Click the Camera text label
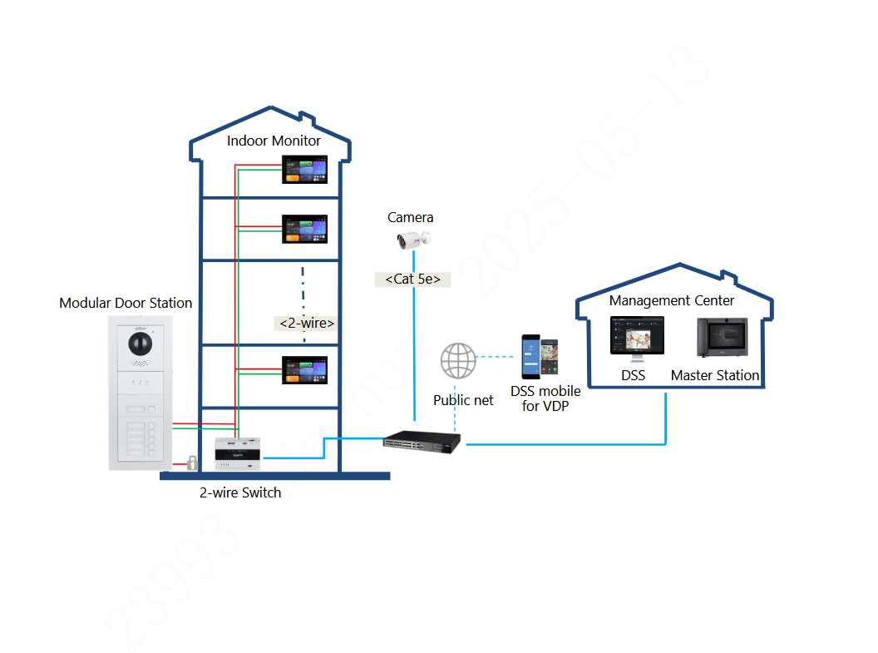point(410,217)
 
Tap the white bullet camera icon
point(412,240)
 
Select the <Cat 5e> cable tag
point(413,279)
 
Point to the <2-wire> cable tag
point(307,322)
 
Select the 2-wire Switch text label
point(240,492)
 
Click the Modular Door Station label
point(126,303)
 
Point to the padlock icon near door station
point(191,463)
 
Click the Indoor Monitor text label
point(274,141)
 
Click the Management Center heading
point(672,300)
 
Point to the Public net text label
point(463,400)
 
